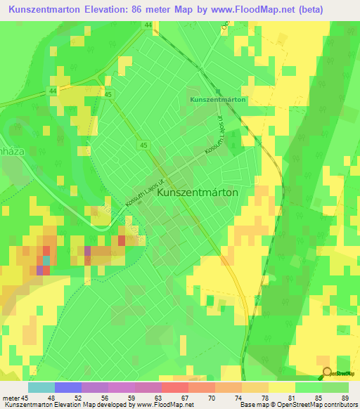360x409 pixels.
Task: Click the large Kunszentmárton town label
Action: point(198,191)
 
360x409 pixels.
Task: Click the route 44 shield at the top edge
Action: point(148,25)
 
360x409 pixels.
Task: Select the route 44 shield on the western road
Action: point(53,91)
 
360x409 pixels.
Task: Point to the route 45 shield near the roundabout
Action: point(108,93)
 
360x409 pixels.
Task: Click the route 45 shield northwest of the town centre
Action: point(143,145)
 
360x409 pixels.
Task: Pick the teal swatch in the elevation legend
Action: point(41,387)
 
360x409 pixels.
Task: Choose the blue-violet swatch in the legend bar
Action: point(68,387)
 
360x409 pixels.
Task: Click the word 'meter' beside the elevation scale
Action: point(10,398)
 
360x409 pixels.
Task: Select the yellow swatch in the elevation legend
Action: point(281,387)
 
